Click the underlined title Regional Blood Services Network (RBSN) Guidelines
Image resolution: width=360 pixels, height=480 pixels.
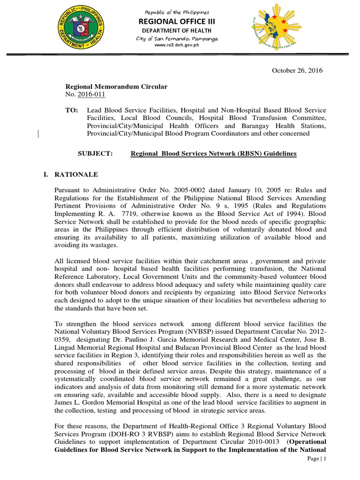pyautogui.click(x=213, y=154)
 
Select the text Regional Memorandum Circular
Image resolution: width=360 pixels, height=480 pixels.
pyautogui.click(x=116, y=87)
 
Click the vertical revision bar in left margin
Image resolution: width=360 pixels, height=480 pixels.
pyautogui.click(x=37, y=134)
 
